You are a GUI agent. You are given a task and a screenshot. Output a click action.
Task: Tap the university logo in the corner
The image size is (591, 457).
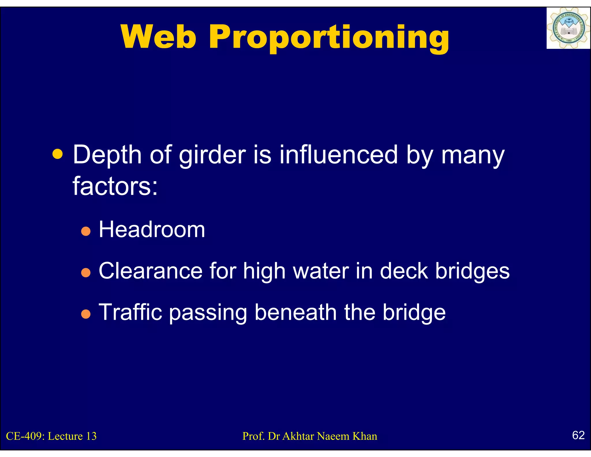click(568, 28)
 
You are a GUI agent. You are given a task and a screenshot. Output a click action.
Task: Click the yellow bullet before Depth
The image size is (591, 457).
click(58, 154)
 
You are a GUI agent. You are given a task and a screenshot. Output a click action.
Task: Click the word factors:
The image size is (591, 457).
click(115, 186)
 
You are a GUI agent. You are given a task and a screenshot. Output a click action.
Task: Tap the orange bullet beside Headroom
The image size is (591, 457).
click(86, 231)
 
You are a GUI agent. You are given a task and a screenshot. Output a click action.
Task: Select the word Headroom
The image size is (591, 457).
click(152, 230)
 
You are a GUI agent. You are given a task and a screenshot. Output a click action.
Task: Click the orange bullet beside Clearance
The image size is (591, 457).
click(86, 272)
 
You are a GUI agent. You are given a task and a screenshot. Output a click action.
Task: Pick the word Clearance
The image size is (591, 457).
click(150, 271)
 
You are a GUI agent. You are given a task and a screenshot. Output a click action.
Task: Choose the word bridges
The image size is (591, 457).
click(472, 272)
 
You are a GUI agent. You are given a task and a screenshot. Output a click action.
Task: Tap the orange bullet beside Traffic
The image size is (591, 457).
click(86, 314)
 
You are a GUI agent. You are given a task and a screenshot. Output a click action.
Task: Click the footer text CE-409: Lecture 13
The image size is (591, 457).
click(51, 436)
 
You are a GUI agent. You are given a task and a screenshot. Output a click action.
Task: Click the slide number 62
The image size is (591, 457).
click(578, 435)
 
